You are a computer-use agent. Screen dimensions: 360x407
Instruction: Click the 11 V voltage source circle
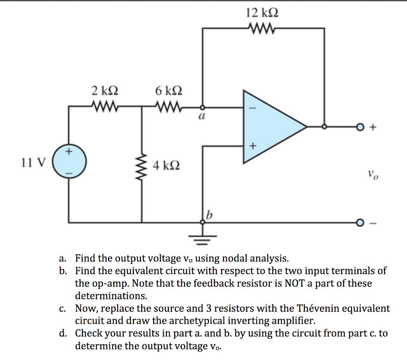tap(69, 163)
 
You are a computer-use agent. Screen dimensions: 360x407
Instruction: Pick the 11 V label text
tap(34, 163)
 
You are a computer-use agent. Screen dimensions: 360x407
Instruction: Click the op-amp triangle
tap(270, 127)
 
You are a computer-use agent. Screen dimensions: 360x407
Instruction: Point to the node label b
tap(209, 215)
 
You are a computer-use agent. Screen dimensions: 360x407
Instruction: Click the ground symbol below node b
tap(203, 238)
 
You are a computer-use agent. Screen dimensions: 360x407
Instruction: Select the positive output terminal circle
tap(360, 127)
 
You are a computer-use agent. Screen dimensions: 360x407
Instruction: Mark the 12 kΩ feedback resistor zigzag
tap(260, 28)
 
